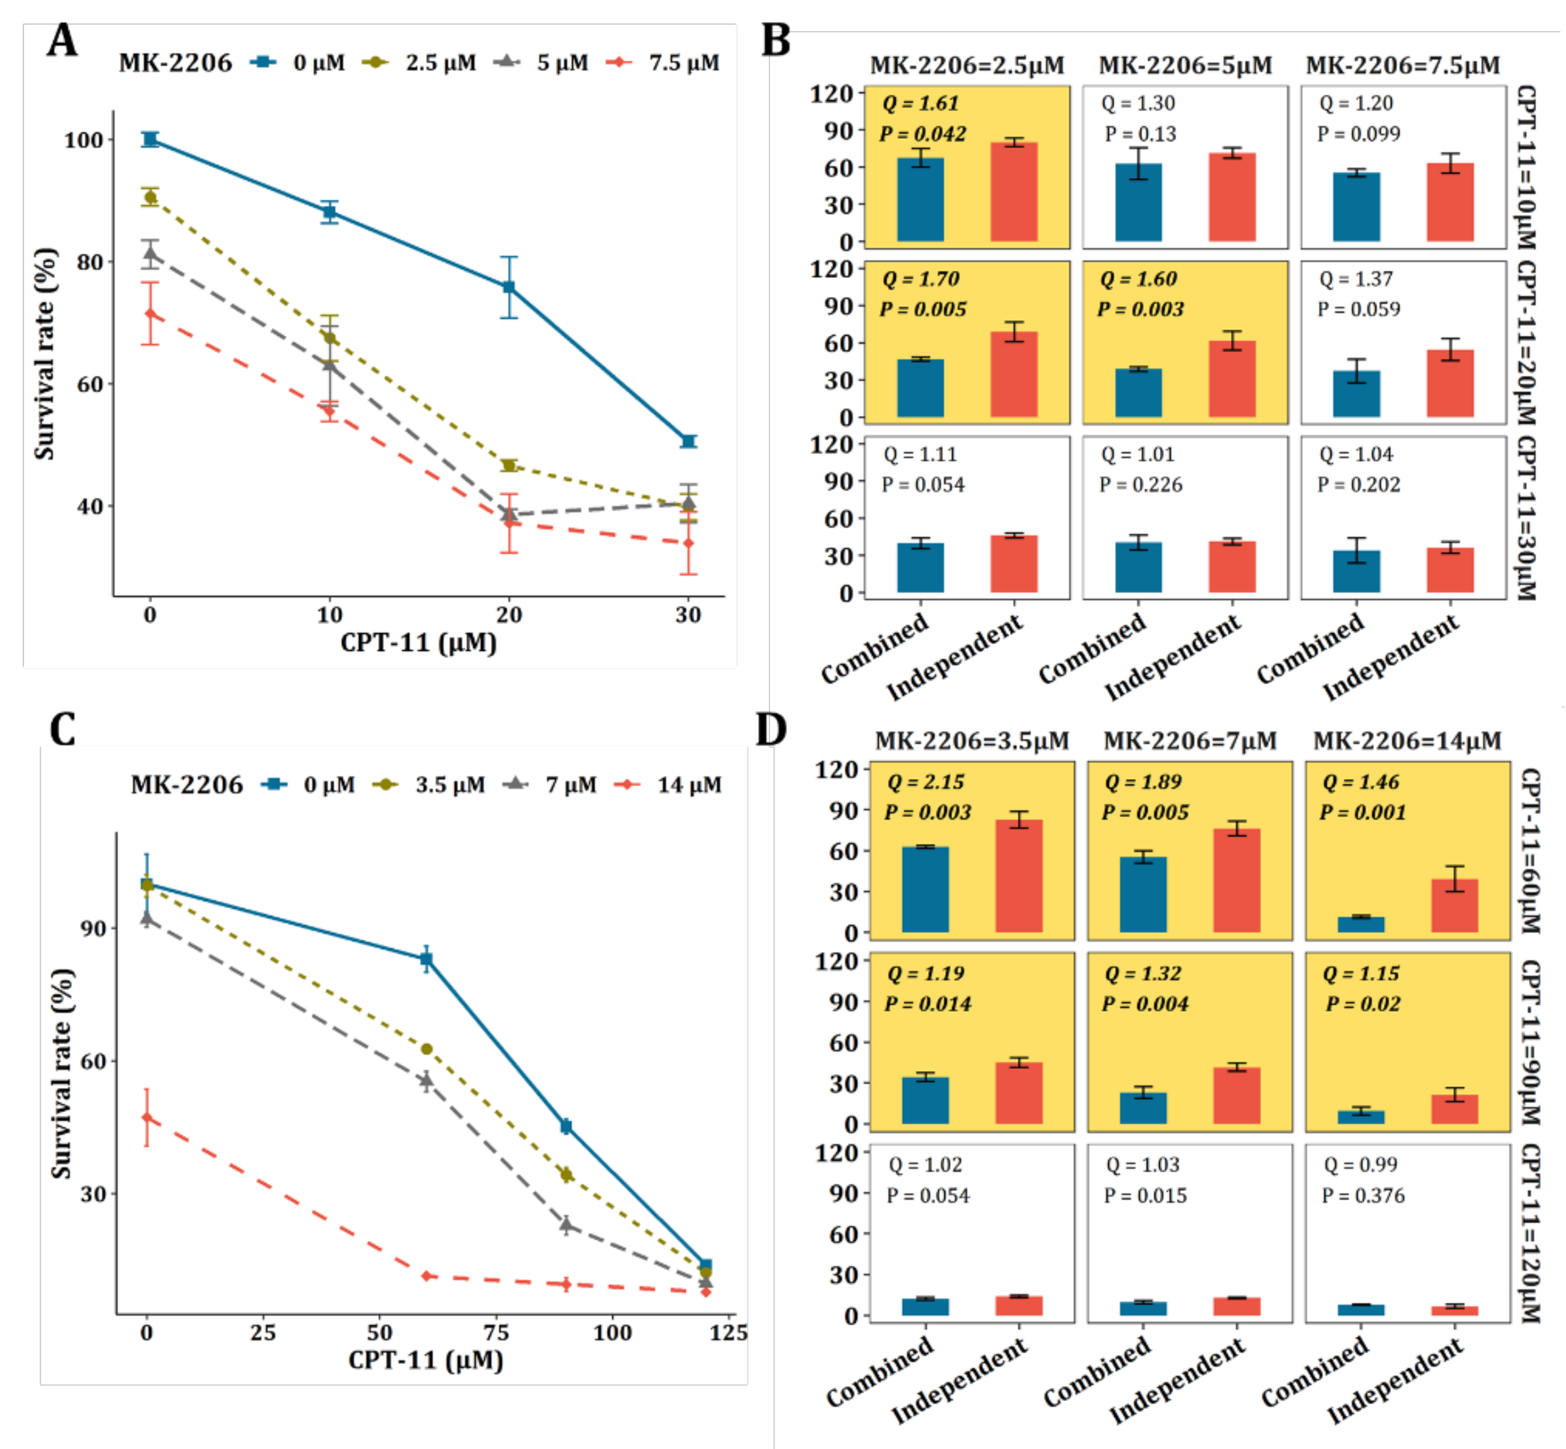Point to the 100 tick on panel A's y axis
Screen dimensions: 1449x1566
coord(84,141)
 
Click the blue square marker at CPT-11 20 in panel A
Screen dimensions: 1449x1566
coord(509,287)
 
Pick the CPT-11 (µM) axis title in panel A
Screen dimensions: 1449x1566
coord(419,643)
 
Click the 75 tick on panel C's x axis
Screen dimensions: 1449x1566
coord(496,1333)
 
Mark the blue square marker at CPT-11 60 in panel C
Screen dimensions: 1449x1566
coord(427,958)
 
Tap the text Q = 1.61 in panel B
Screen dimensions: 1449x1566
coord(920,104)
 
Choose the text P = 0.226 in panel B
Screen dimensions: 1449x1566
coord(1141,485)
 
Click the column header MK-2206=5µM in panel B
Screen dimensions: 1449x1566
coord(1185,66)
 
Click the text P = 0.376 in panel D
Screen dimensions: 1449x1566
coord(1363,1196)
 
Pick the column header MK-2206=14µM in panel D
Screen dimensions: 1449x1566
coord(1407,741)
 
